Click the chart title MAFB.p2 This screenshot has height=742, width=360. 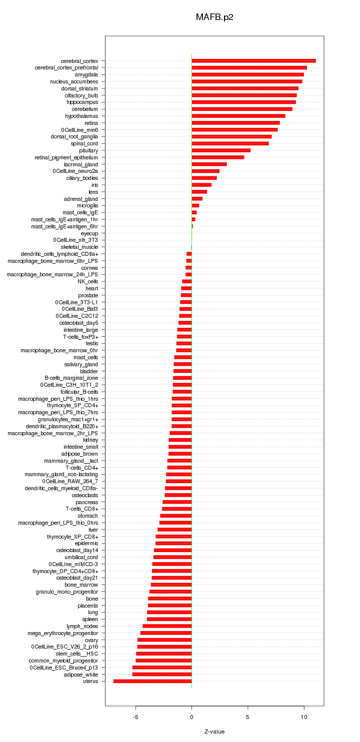pyautogui.click(x=214, y=17)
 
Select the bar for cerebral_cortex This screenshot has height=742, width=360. pyautogui.click(x=253, y=61)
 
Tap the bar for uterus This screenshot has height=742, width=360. pyautogui.click(x=152, y=681)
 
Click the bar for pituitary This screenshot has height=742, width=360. pyautogui.click(x=221, y=150)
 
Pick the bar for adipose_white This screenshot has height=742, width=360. pyautogui.click(x=162, y=675)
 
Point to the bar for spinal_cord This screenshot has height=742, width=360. pyautogui.click(x=230, y=143)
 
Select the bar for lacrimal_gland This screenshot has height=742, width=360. pyautogui.click(x=209, y=164)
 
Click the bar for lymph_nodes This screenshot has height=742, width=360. pyautogui.click(x=167, y=626)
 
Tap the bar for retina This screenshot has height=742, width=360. pyautogui.click(x=235, y=123)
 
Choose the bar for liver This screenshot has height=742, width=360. pyautogui.click(x=174, y=530)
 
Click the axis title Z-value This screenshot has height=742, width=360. pyautogui.click(x=214, y=732)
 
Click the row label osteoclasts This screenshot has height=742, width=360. pyautogui.click(x=85, y=495)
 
